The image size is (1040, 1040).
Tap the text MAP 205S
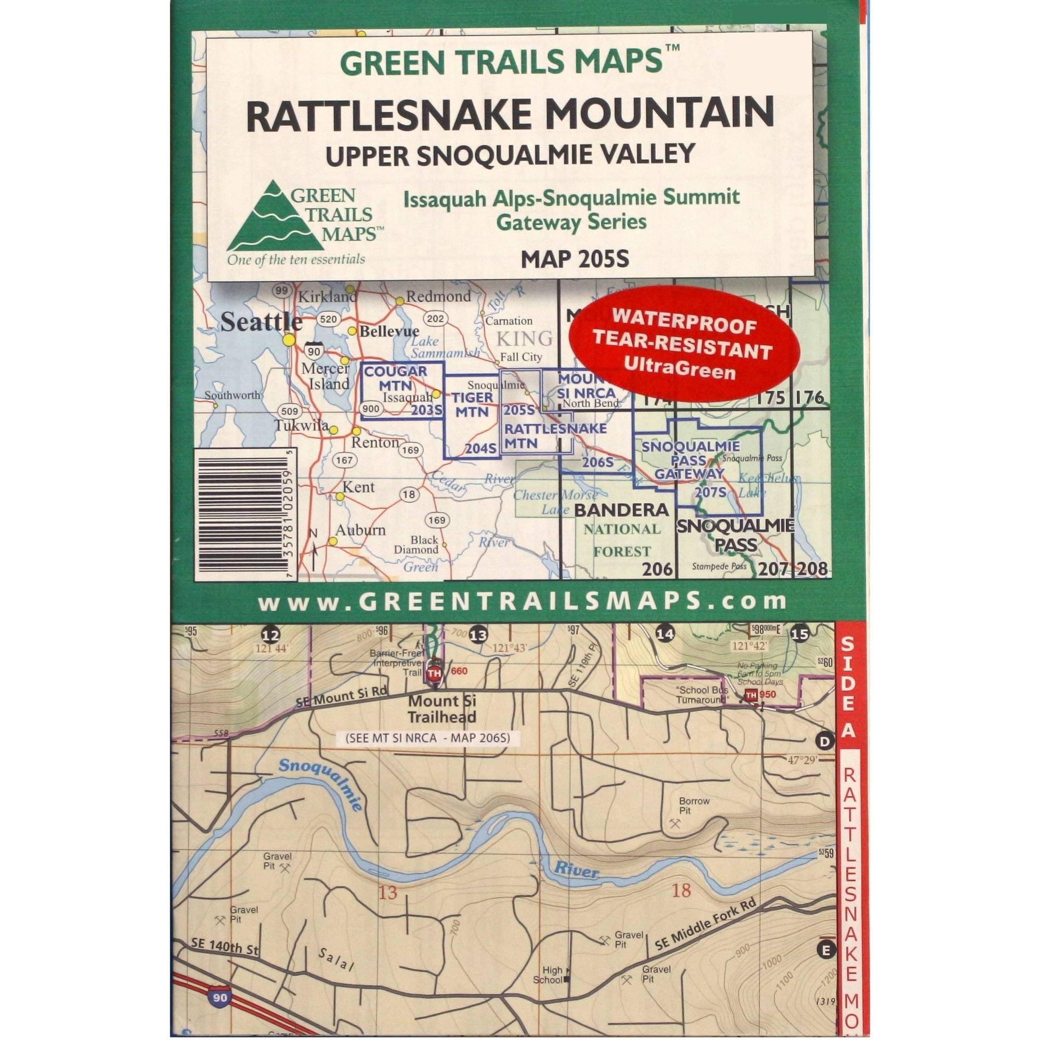click(575, 259)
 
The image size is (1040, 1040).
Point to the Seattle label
click(261, 322)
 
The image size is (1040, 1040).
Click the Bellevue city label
click(389, 331)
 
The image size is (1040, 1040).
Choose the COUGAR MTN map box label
click(396, 378)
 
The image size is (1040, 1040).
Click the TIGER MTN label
click(472, 405)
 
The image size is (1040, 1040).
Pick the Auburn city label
click(360, 530)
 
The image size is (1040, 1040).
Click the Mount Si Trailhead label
click(441, 709)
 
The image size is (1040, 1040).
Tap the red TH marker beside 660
click(434, 673)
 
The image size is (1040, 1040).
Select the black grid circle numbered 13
click(477, 634)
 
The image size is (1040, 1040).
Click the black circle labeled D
click(825, 741)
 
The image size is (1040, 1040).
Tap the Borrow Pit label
click(694, 806)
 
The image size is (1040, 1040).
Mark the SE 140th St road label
click(225, 946)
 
